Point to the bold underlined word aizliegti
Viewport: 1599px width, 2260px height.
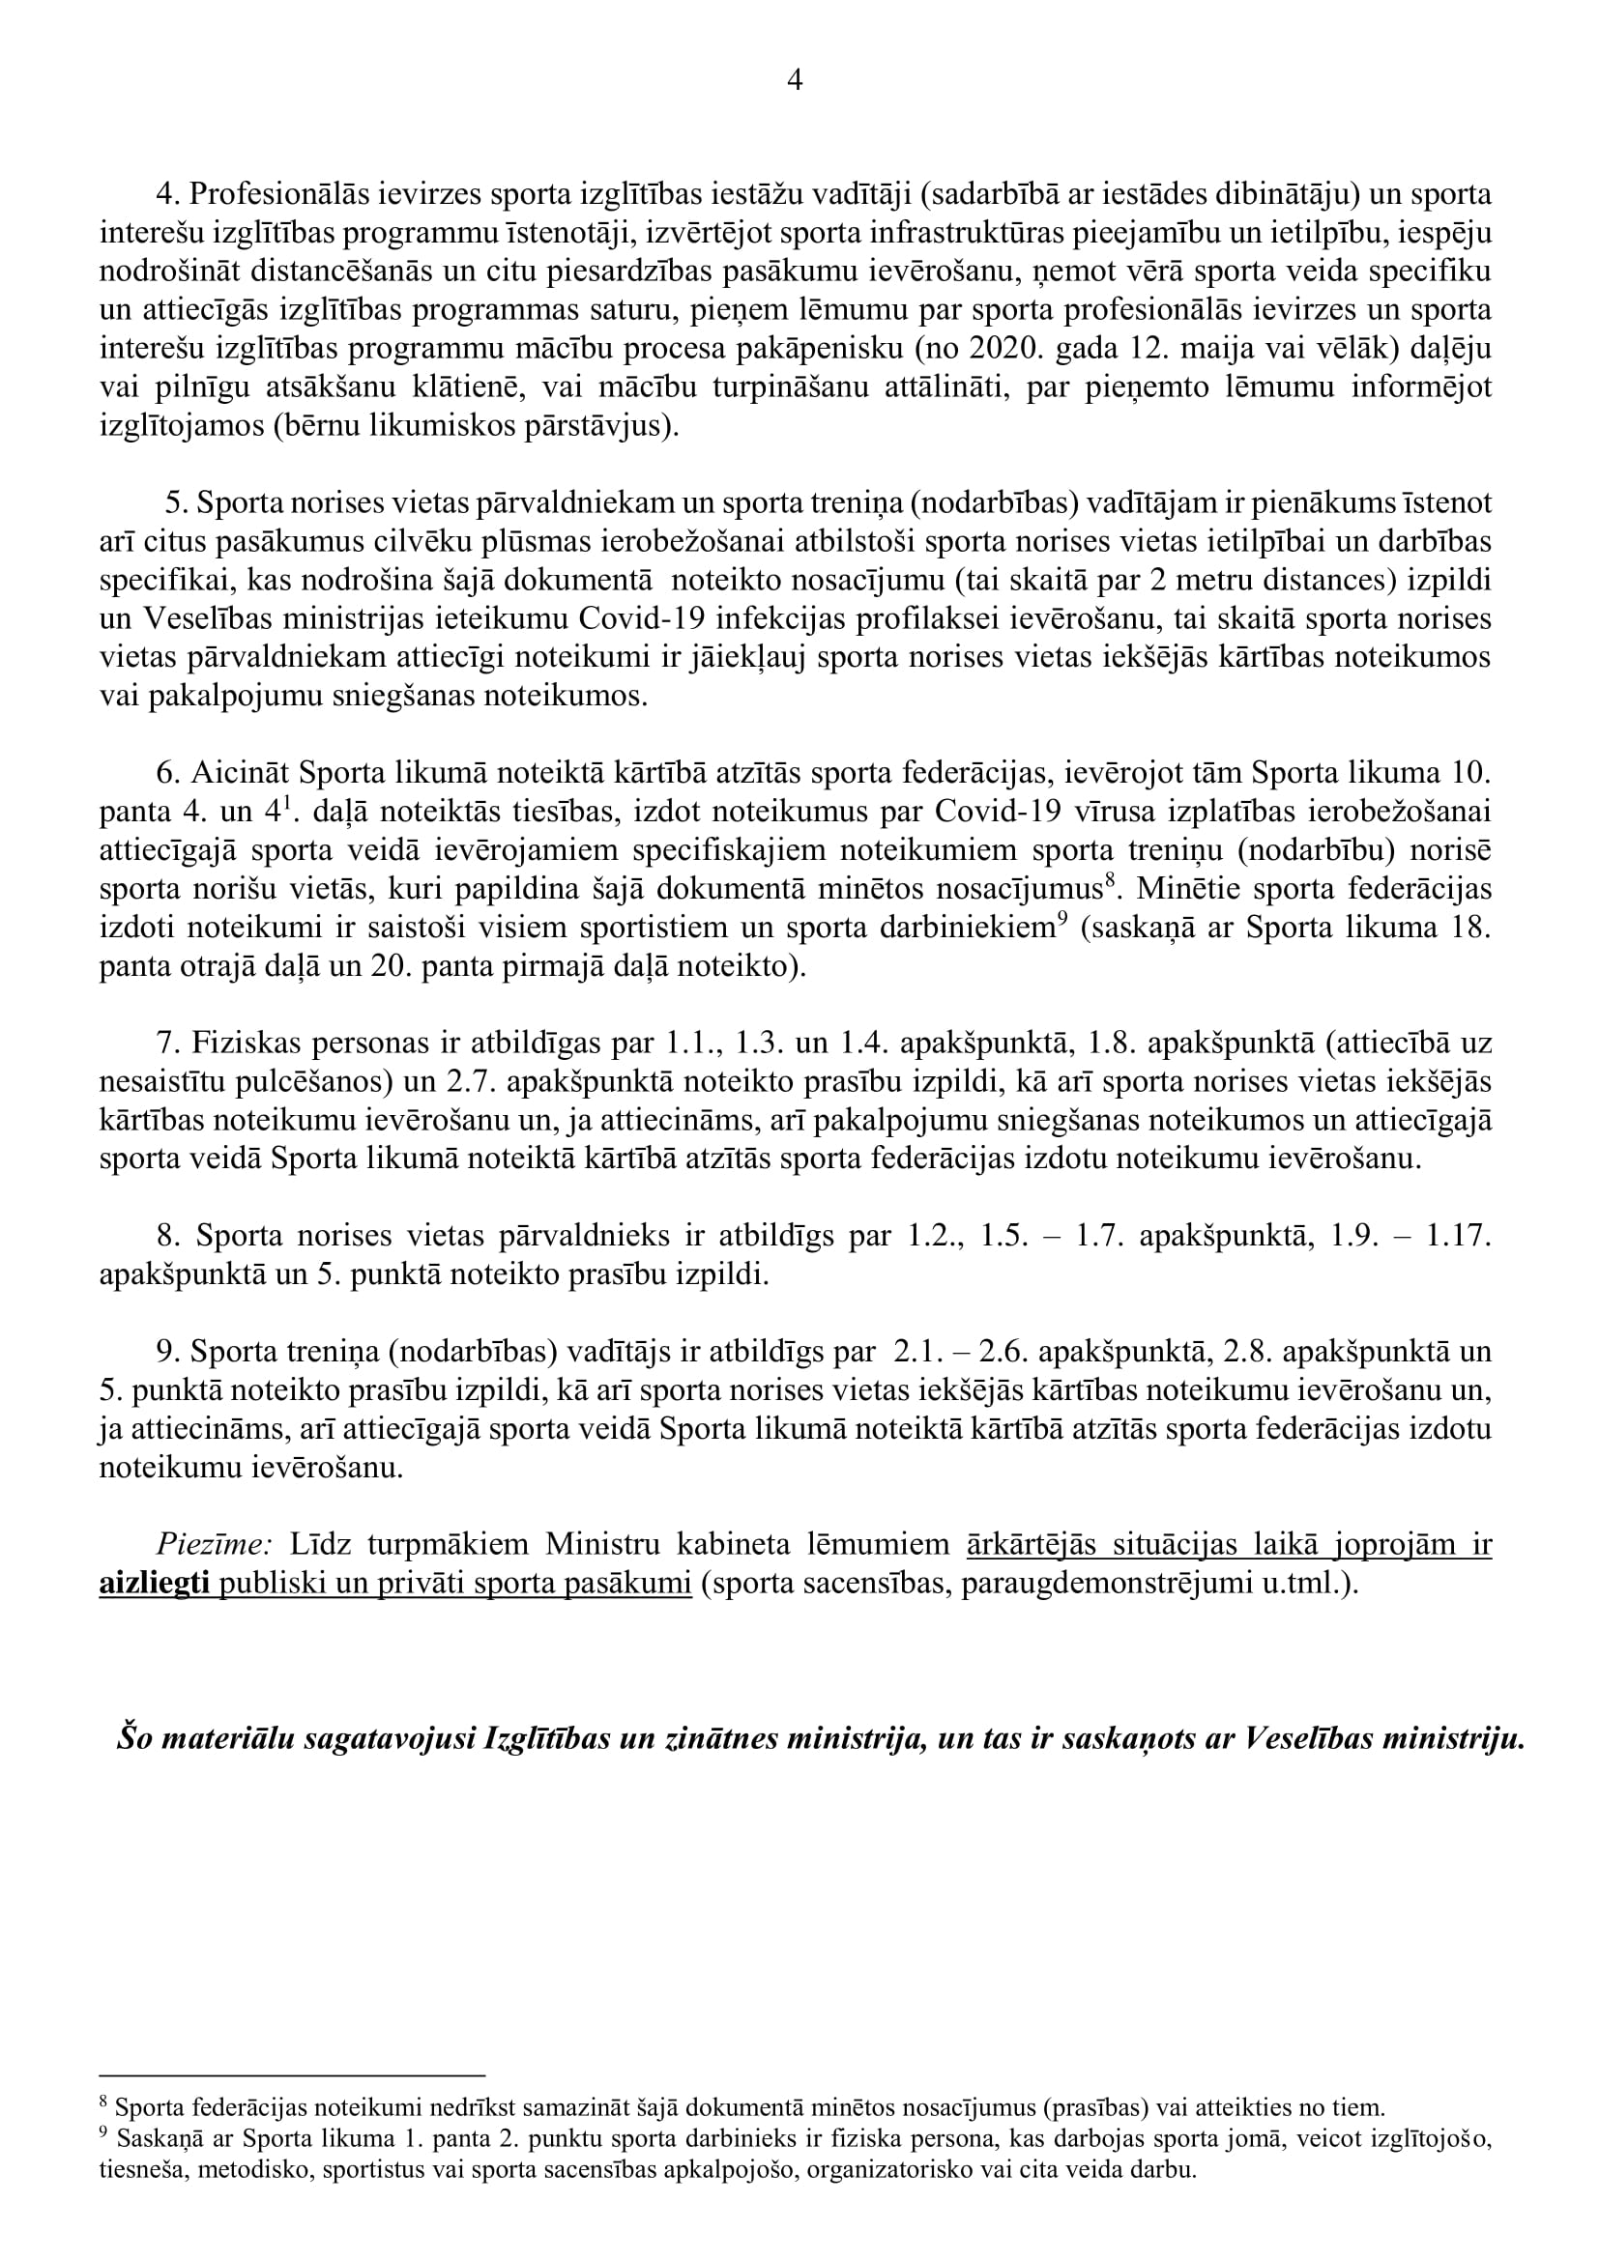(x=155, y=1586)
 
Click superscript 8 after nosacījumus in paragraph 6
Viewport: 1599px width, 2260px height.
(x=1109, y=882)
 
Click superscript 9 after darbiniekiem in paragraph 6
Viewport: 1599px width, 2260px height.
(x=1062, y=921)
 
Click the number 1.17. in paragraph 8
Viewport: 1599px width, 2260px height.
(x=1459, y=1238)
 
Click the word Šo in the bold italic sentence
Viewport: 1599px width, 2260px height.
(x=134, y=1740)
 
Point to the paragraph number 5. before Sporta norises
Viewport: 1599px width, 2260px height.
(x=176, y=504)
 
